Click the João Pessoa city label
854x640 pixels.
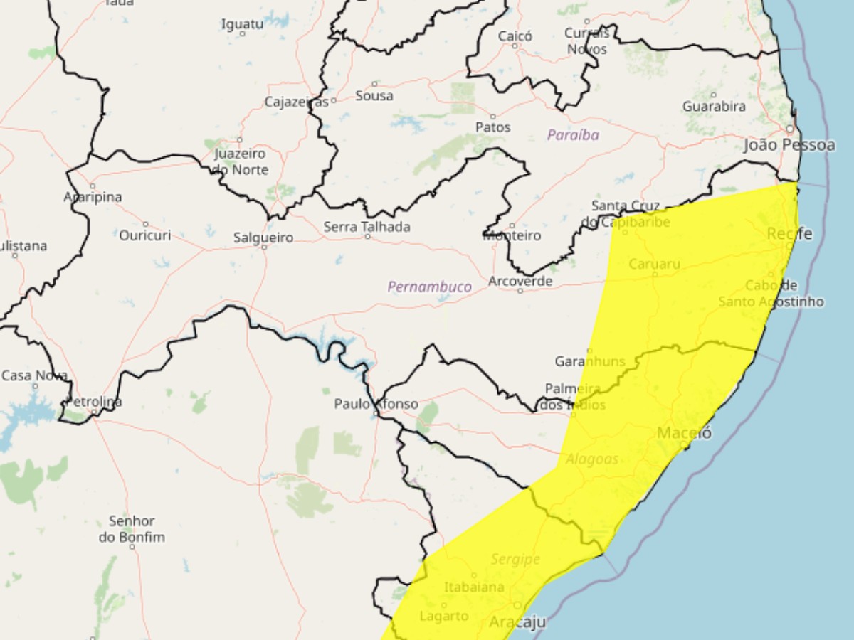click(x=789, y=145)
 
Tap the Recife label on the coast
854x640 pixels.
click(x=789, y=233)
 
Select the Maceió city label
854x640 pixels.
click(x=684, y=432)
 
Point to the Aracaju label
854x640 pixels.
click(x=517, y=622)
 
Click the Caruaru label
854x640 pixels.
click(x=654, y=264)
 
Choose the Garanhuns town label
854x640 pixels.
click(x=589, y=361)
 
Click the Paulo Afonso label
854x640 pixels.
click(x=376, y=404)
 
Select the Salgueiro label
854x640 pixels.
click(x=263, y=238)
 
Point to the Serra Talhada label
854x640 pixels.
click(x=367, y=227)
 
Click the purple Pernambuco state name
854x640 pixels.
click(x=429, y=287)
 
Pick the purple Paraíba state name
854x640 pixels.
click(x=573, y=134)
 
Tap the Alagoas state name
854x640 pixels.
click(x=592, y=459)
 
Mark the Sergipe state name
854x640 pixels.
click(x=515, y=560)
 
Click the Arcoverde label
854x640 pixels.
click(x=520, y=282)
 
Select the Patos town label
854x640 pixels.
click(x=493, y=127)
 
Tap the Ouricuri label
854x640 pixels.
click(x=146, y=235)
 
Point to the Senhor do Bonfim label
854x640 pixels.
click(x=132, y=529)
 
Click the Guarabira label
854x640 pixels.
click(x=714, y=106)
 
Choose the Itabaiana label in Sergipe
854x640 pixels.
click(x=474, y=587)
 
